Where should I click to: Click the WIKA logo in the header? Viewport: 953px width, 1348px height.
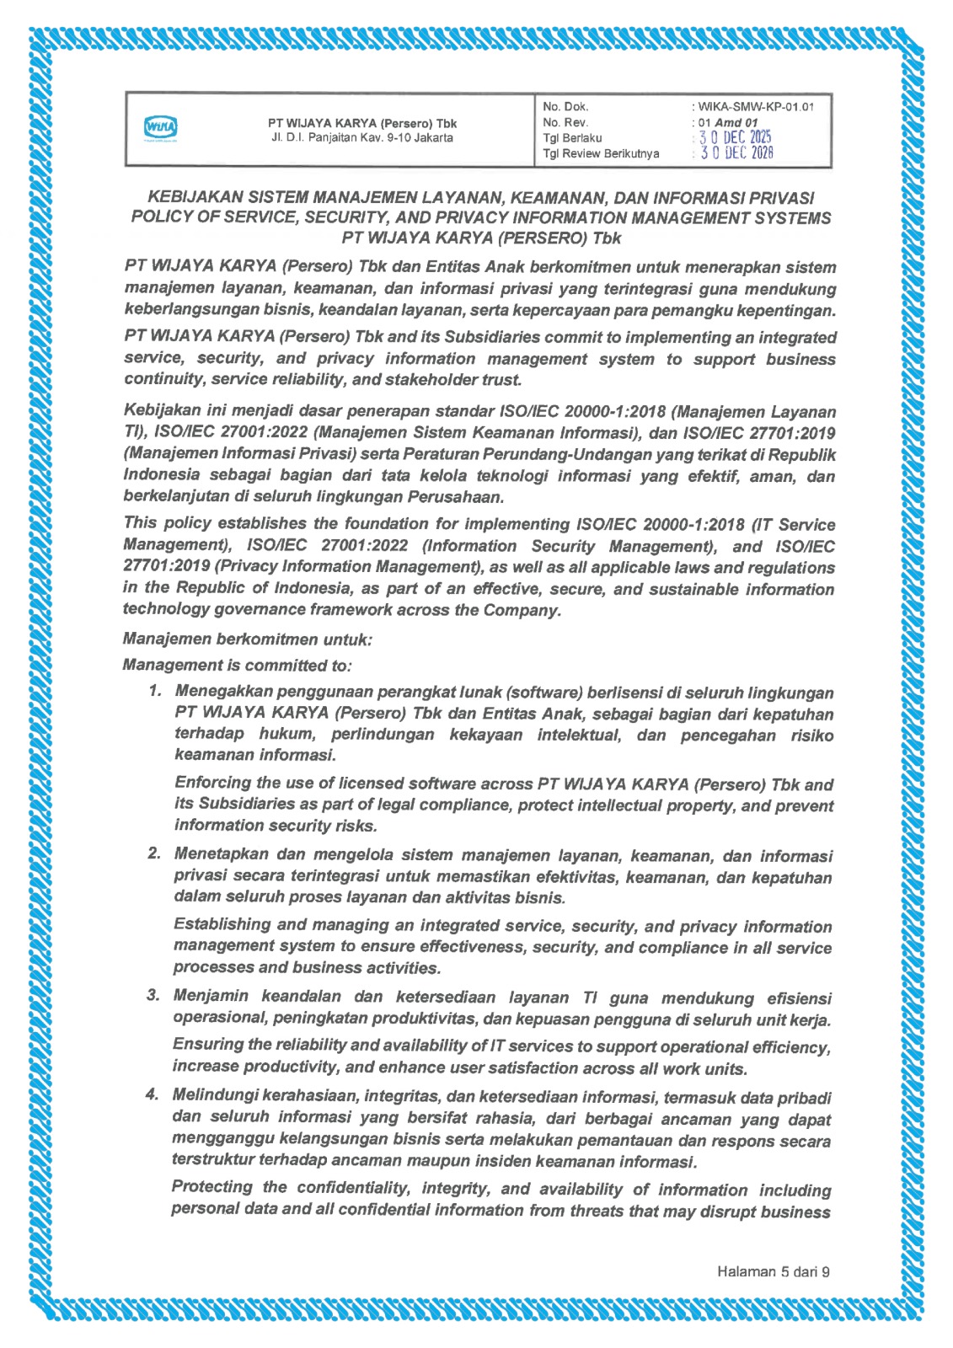pyautogui.click(x=161, y=128)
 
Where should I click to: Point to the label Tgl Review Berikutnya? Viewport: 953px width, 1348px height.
pyautogui.click(x=601, y=153)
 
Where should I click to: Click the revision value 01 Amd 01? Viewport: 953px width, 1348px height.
pyautogui.click(x=727, y=122)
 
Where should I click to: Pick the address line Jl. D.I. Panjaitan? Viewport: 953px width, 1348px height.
pyautogui.click(x=361, y=137)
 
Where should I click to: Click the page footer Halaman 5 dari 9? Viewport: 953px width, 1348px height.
pyautogui.click(x=773, y=1271)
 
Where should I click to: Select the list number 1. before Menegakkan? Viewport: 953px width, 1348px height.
pyautogui.click(x=155, y=692)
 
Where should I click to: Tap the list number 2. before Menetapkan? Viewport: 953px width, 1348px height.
pyautogui.click(x=154, y=853)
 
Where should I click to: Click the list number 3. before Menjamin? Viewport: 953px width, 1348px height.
pyautogui.click(x=153, y=996)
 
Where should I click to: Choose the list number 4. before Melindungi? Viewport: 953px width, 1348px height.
pyautogui.click(x=153, y=1094)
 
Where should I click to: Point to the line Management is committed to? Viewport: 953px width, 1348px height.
pyautogui.click(x=237, y=665)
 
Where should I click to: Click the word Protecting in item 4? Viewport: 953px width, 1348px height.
pyautogui.click(x=211, y=1187)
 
